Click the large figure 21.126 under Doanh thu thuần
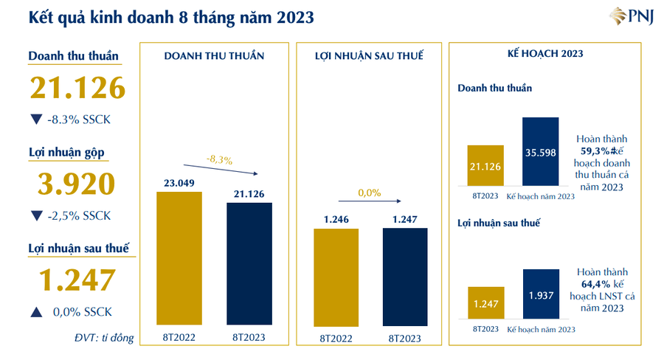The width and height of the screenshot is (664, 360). (x=77, y=89)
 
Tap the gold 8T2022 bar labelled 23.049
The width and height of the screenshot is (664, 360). (x=179, y=258)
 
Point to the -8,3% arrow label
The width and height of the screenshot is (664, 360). (x=219, y=159)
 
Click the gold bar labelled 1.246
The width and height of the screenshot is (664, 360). (x=336, y=277)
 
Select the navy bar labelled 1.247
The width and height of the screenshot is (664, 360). (x=405, y=277)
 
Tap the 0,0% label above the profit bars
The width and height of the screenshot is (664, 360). (x=369, y=193)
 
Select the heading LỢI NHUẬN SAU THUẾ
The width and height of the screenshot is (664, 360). (x=369, y=56)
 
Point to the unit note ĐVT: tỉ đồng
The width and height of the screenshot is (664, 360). (x=104, y=338)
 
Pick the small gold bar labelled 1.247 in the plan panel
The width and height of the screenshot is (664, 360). (x=485, y=302)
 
